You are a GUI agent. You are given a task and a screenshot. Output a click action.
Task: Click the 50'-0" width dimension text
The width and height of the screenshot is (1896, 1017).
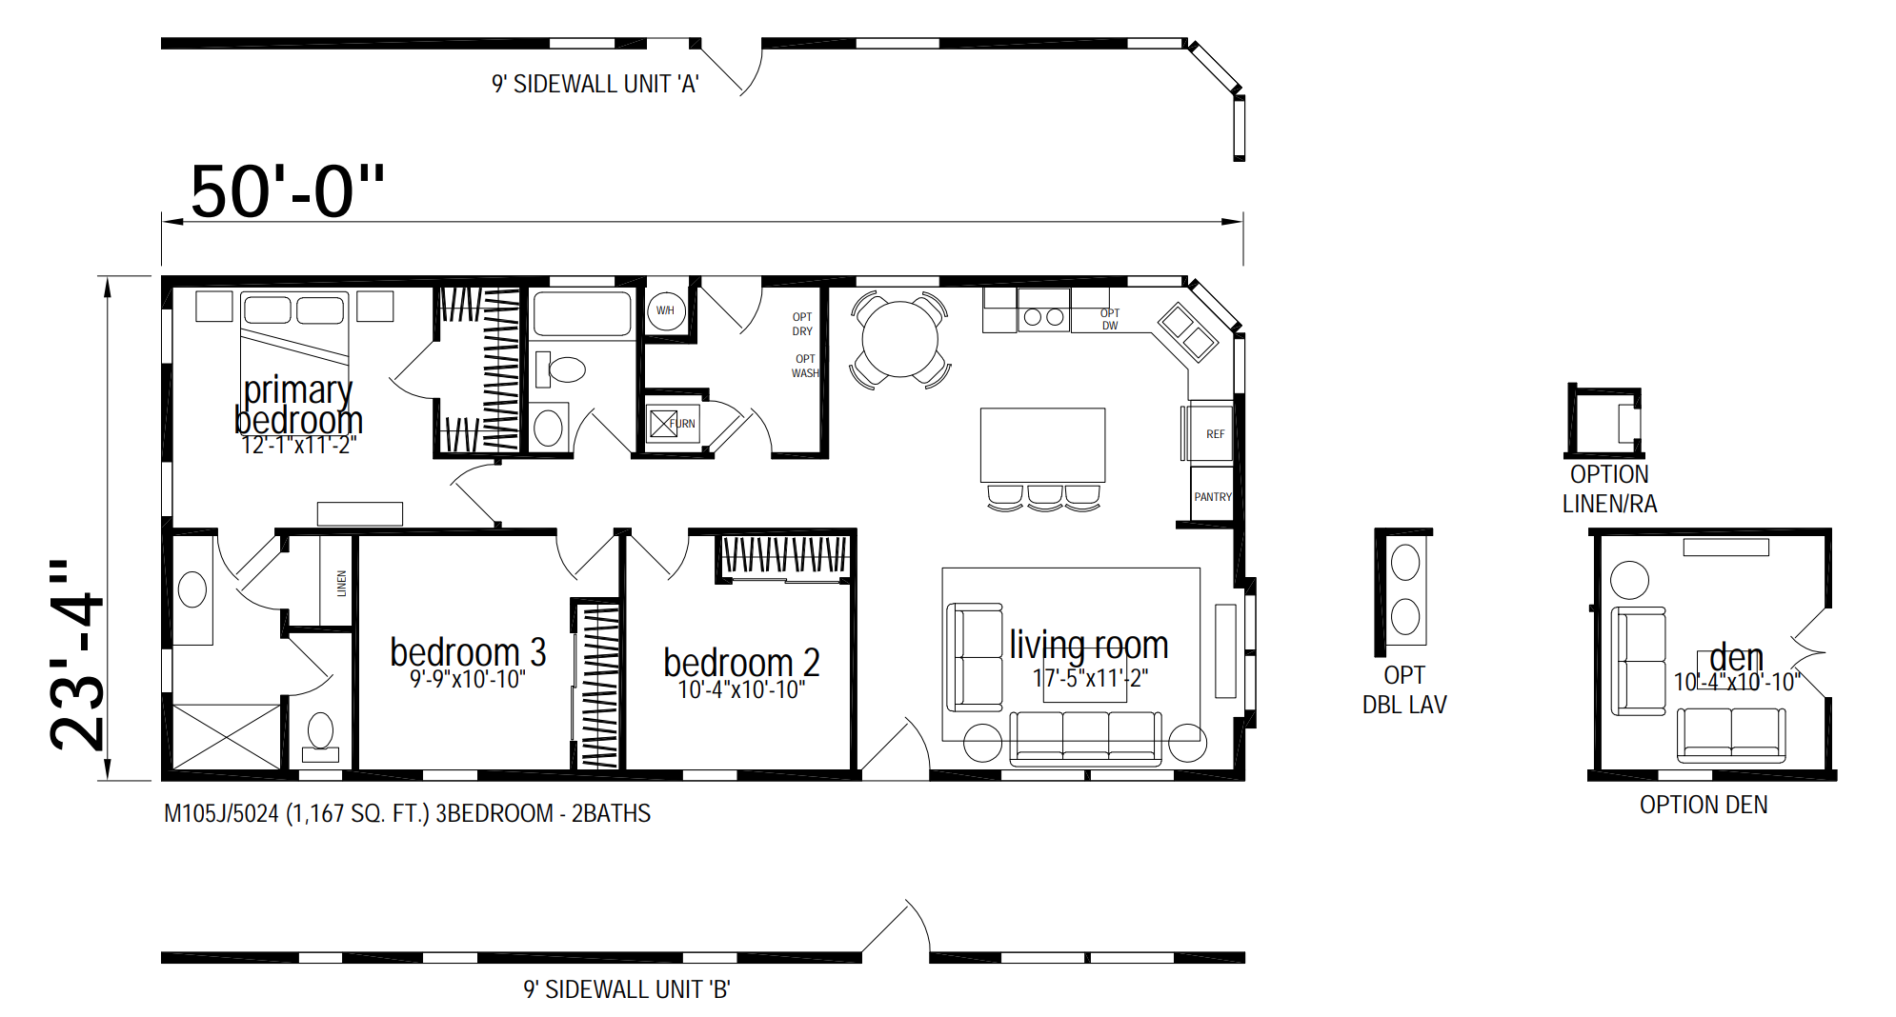(x=288, y=191)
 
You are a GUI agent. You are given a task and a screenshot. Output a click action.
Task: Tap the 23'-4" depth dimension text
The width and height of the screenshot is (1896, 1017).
(x=77, y=654)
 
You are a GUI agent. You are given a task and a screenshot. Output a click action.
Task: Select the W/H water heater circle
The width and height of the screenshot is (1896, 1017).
(x=666, y=310)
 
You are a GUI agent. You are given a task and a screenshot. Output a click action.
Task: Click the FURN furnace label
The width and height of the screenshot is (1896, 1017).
(x=682, y=424)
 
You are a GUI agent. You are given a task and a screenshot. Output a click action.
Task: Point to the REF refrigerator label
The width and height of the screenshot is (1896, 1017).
(x=1216, y=434)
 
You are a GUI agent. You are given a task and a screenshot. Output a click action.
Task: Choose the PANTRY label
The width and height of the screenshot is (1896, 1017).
(x=1213, y=497)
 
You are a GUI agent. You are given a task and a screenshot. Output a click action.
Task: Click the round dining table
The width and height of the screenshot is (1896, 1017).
(x=899, y=339)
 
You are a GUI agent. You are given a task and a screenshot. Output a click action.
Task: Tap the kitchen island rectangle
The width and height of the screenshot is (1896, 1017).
(x=1043, y=446)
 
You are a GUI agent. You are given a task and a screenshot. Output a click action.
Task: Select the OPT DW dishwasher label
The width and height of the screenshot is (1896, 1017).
(x=1110, y=319)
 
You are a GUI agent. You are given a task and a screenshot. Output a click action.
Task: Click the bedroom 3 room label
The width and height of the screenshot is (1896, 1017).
(x=468, y=652)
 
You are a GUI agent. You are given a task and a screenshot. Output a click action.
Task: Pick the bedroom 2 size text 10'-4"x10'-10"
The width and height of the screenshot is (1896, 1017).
(x=741, y=689)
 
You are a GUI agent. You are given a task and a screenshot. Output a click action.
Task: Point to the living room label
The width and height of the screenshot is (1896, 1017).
(x=1089, y=645)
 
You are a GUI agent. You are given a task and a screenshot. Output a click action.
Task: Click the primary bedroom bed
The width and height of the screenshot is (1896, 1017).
(x=294, y=348)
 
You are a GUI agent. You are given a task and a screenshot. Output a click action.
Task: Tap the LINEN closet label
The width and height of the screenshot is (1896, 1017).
(x=341, y=584)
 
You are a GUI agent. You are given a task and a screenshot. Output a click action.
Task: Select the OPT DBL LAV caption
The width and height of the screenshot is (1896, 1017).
(x=1404, y=689)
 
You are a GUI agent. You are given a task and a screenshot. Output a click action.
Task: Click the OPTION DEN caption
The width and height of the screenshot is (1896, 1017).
(x=1704, y=805)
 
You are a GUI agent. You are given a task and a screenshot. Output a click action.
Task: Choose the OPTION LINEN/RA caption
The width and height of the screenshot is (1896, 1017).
(x=1609, y=489)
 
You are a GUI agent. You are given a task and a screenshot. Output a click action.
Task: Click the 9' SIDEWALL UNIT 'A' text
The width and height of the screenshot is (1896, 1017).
(x=595, y=84)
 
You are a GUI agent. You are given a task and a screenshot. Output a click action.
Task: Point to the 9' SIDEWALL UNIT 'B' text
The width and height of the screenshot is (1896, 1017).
(x=627, y=989)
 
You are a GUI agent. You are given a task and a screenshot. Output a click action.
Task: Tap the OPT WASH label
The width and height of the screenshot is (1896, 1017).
(x=805, y=367)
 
